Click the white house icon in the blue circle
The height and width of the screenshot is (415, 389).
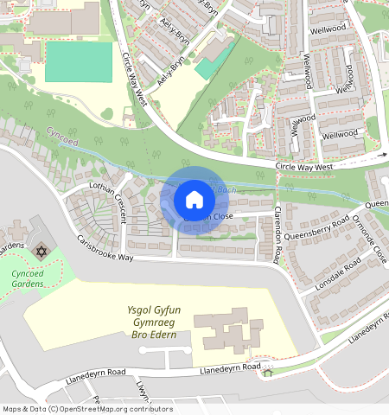tap(194, 200)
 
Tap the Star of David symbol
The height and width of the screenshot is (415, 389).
tap(39, 251)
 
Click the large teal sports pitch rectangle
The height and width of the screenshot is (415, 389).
tap(79, 61)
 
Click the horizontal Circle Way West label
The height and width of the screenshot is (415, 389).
tap(304, 165)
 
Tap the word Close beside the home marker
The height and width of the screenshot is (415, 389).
tap(220, 216)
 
